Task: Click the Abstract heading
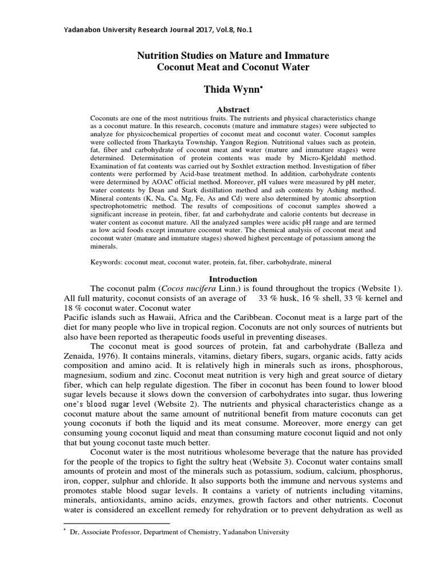point(220,109)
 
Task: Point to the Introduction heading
point(220,278)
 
